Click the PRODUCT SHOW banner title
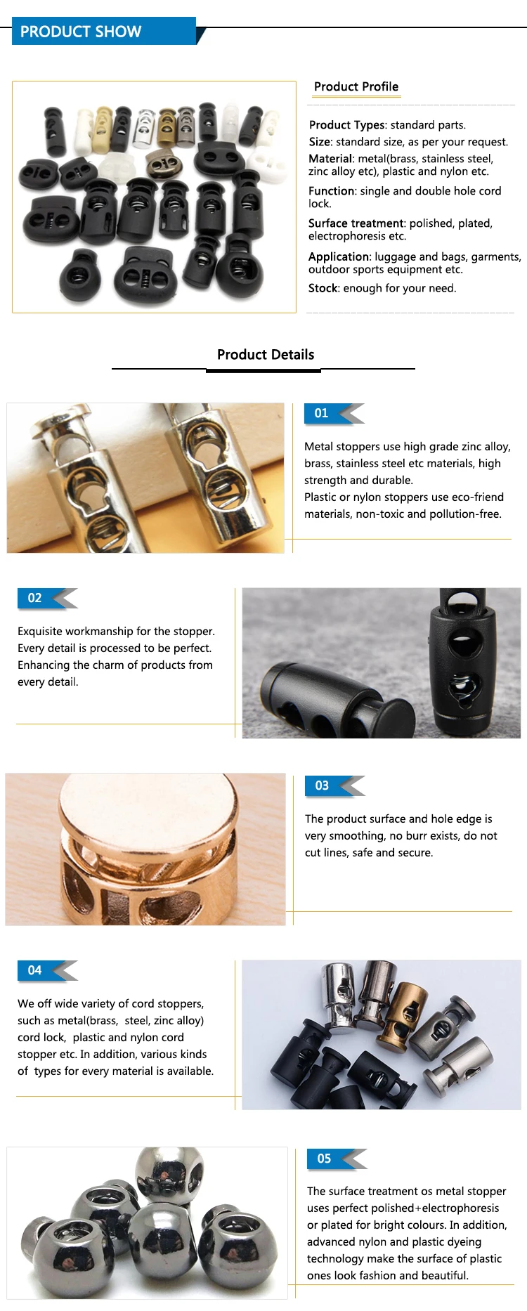pos(81,32)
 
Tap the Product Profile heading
pos(356,86)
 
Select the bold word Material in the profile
pos(330,159)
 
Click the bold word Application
pos(339,256)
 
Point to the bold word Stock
pos(323,288)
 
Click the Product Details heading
pos(266,354)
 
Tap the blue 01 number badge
pos(322,413)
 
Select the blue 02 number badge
pos(35,598)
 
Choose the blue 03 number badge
pos(323,785)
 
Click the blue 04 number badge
pos(35,970)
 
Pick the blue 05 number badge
pos(325,1159)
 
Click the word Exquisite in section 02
pos(41,632)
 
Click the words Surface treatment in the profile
pos(356,223)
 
